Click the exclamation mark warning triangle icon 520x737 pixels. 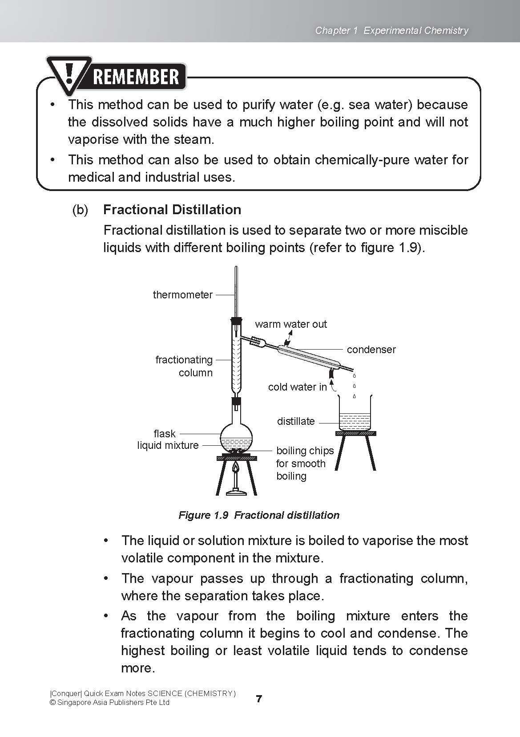[x=69, y=74]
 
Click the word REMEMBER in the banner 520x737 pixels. [x=136, y=77]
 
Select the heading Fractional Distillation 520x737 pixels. [x=172, y=209]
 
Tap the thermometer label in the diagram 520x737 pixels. [x=182, y=295]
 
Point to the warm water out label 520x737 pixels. [x=290, y=324]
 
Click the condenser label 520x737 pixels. [x=371, y=350]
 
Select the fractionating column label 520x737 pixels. [x=184, y=366]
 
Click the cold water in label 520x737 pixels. [x=297, y=387]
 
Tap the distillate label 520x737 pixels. [x=295, y=421]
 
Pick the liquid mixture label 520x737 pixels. [x=168, y=445]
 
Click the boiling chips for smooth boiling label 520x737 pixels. [x=304, y=463]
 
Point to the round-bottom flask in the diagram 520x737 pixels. [x=236, y=436]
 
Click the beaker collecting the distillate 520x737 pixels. [x=355, y=414]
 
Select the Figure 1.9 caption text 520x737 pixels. [x=259, y=515]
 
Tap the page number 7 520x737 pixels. [x=259, y=699]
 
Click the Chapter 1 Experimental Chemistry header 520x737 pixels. [x=391, y=30]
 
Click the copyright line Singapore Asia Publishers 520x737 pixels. [x=109, y=703]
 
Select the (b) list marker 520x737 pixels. [x=80, y=210]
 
